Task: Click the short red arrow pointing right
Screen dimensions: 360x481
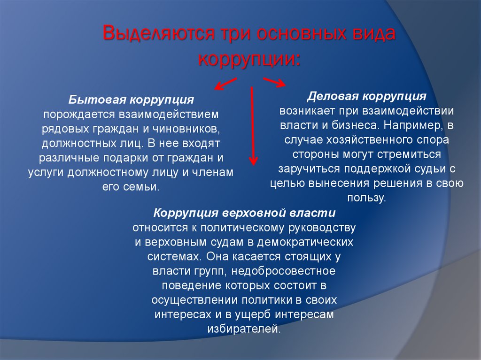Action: [274, 82]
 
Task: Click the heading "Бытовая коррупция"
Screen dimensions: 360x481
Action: [132, 100]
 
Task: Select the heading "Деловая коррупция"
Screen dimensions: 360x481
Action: [367, 96]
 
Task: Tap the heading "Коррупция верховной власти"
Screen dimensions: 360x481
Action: [244, 213]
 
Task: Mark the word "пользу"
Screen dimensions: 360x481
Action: [366, 198]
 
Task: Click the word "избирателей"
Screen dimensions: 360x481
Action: [243, 329]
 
